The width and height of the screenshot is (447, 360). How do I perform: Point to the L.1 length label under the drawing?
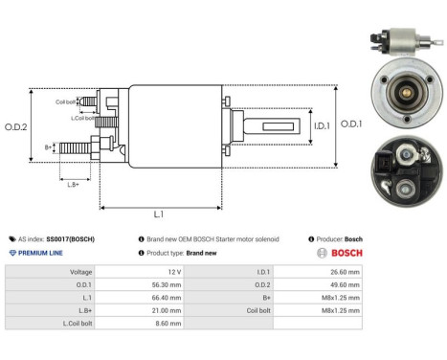pyautogui.click(x=158, y=216)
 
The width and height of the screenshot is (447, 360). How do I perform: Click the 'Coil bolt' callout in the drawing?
pyautogui.click(x=65, y=100)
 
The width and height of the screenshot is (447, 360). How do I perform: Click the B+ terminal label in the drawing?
pyautogui.click(x=49, y=146)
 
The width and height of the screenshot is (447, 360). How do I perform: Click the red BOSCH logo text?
pyautogui.click(x=346, y=253)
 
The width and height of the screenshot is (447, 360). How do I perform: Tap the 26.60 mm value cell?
pyautogui.click(x=345, y=272)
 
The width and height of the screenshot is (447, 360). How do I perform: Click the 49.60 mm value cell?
pyautogui.click(x=345, y=284)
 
